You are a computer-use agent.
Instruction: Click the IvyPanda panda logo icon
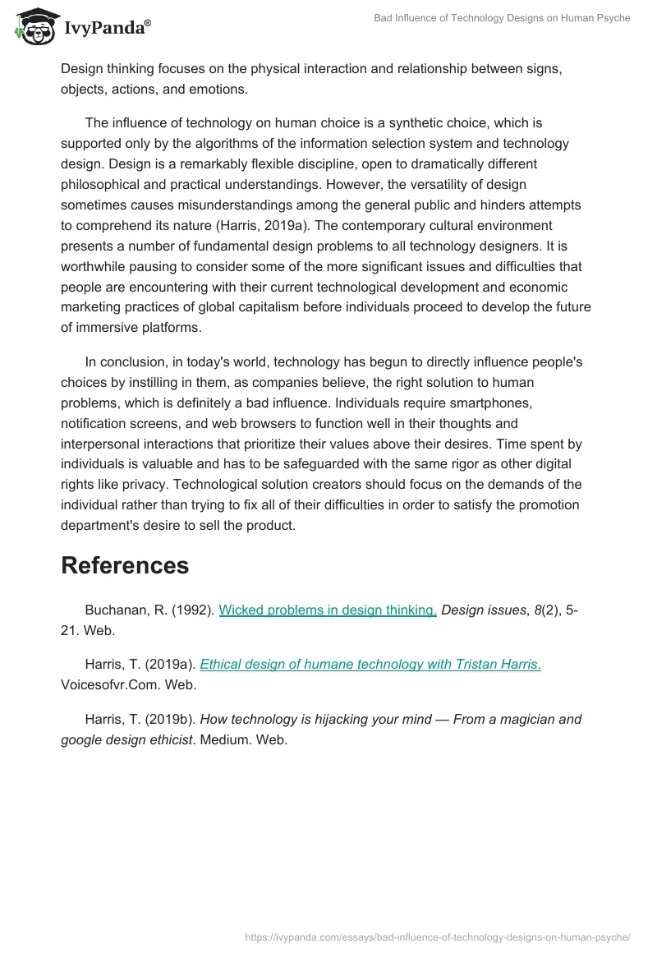(32, 27)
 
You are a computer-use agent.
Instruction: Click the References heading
(125, 565)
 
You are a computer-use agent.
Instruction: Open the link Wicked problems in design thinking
(327, 610)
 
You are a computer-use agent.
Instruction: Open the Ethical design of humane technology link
(370, 665)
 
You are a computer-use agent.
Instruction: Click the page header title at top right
(502, 18)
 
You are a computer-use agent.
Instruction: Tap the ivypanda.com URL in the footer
(438, 936)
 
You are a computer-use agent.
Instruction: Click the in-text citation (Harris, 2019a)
(258, 225)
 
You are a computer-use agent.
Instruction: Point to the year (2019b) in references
(170, 720)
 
